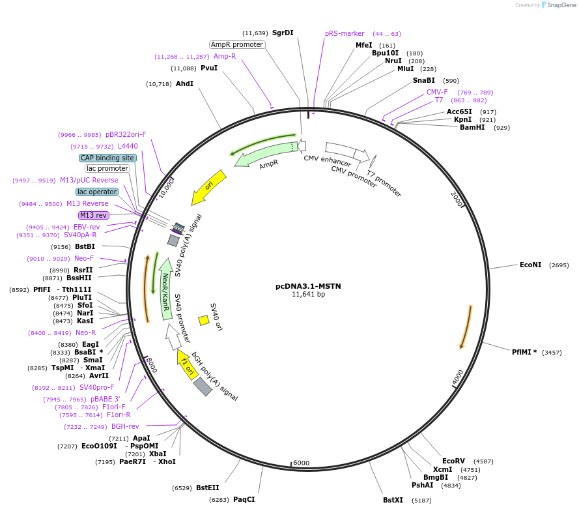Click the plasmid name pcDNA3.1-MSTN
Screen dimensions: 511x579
click(308, 285)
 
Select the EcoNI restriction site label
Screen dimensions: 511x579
click(530, 265)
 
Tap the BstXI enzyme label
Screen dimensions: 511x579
click(393, 501)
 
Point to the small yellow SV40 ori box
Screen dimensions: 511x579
click(204, 320)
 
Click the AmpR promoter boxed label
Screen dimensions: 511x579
click(237, 44)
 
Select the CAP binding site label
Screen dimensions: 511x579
click(107, 158)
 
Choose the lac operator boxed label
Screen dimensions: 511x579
click(97, 192)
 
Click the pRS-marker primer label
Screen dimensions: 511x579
click(345, 34)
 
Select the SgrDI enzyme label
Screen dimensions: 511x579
click(283, 33)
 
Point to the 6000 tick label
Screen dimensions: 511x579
click(301, 463)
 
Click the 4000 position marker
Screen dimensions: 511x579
click(458, 377)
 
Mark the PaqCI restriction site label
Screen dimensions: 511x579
click(244, 500)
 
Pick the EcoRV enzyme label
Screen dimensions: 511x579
click(453, 461)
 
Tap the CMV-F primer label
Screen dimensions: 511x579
click(437, 93)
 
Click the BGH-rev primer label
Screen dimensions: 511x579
click(125, 427)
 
